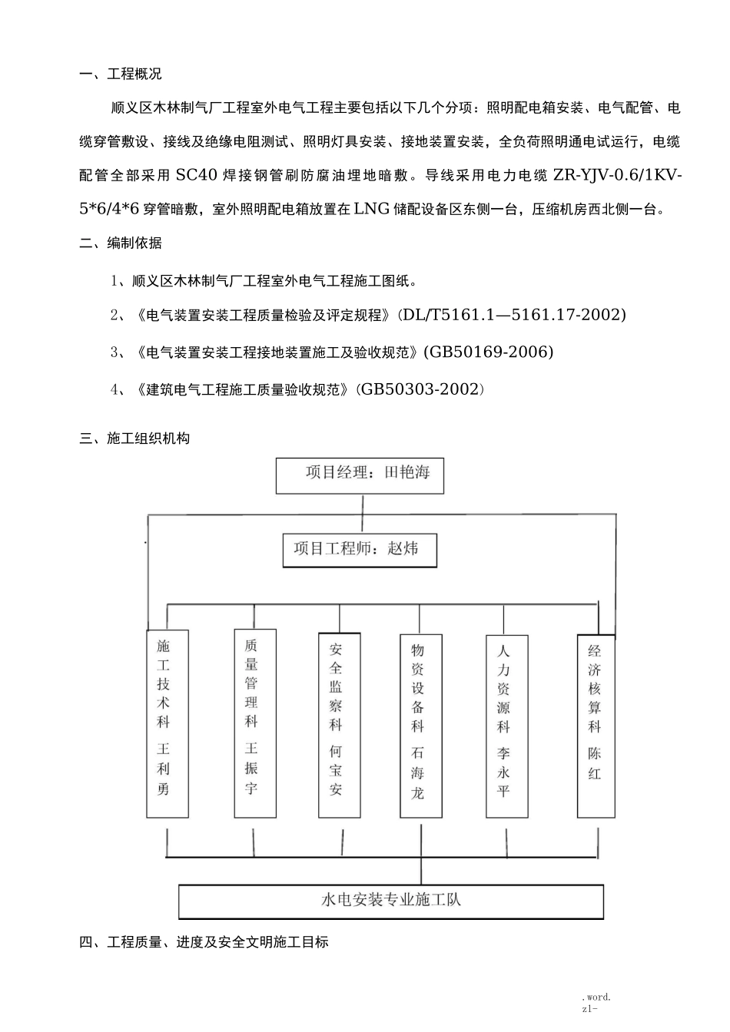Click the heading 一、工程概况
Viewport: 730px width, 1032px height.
click(121, 74)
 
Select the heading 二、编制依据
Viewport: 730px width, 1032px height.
click(121, 243)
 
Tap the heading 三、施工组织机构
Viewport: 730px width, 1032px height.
click(134, 438)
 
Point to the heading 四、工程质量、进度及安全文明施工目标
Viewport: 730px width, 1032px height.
click(204, 941)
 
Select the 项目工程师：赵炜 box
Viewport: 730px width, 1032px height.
click(360, 550)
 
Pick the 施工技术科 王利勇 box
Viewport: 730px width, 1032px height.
click(167, 723)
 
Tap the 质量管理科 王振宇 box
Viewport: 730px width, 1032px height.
click(254, 723)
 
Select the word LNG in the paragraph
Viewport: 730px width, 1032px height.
click(372, 209)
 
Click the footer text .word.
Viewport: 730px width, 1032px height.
click(596, 997)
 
